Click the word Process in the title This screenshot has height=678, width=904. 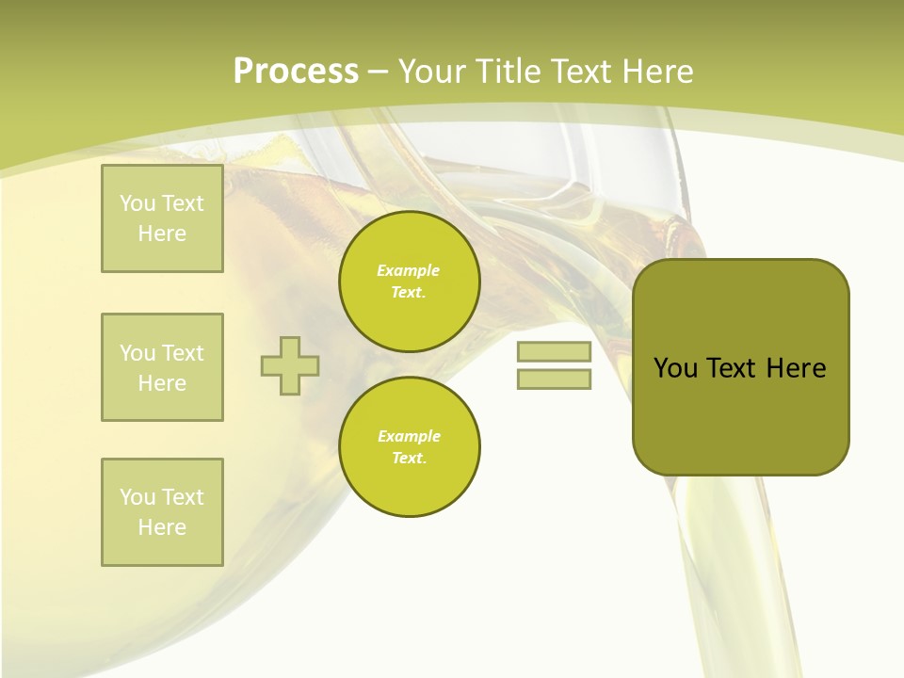296,72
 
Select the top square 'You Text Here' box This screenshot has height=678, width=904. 162,218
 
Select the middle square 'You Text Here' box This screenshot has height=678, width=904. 162,367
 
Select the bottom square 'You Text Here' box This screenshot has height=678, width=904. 162,512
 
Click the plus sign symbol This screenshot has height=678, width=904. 290,365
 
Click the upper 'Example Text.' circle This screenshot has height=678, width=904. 410,282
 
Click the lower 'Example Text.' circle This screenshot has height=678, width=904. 410,447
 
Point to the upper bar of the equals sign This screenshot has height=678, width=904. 554,351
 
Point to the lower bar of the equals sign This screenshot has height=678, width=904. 554,379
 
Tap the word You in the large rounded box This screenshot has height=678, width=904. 675,368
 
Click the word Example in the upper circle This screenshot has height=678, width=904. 408,270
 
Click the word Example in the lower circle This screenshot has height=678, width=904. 409,436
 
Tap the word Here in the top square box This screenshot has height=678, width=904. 162,234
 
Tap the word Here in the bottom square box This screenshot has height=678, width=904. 162,527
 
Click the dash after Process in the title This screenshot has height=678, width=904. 378,73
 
